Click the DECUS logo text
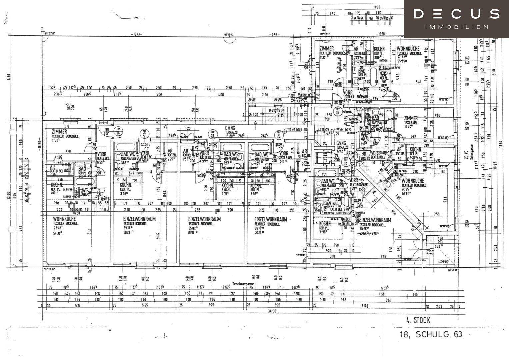pos(456,14)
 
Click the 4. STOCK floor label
pos(418,321)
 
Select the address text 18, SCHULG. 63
pos(431,334)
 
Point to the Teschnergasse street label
pos(243,284)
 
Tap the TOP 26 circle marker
pos(117,131)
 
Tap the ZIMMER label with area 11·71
pos(59,132)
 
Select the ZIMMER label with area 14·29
pos(410,119)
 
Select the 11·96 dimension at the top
pos(377,7)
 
